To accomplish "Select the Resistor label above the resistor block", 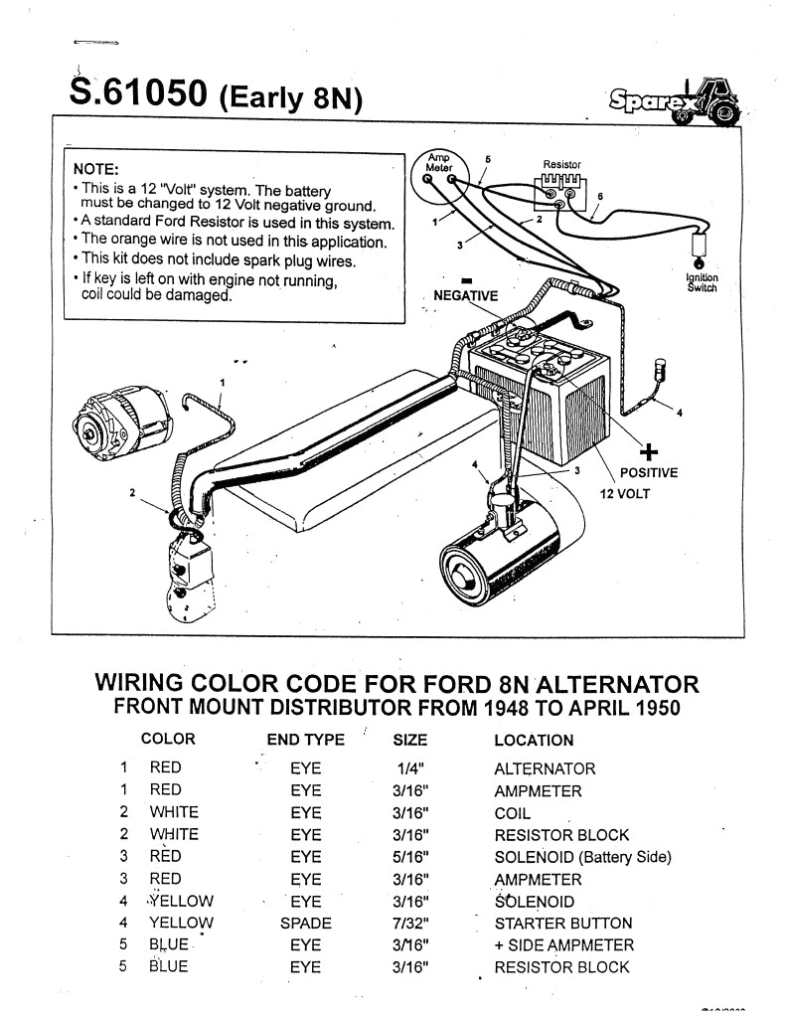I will (x=561, y=164).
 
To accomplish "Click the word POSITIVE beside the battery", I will (x=648, y=473).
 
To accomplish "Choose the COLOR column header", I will (x=168, y=740).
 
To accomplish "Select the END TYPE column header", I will (x=306, y=740).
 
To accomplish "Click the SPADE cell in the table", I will (x=306, y=923).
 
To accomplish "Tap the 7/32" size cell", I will (x=410, y=923).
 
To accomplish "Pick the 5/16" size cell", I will (x=410, y=856).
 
